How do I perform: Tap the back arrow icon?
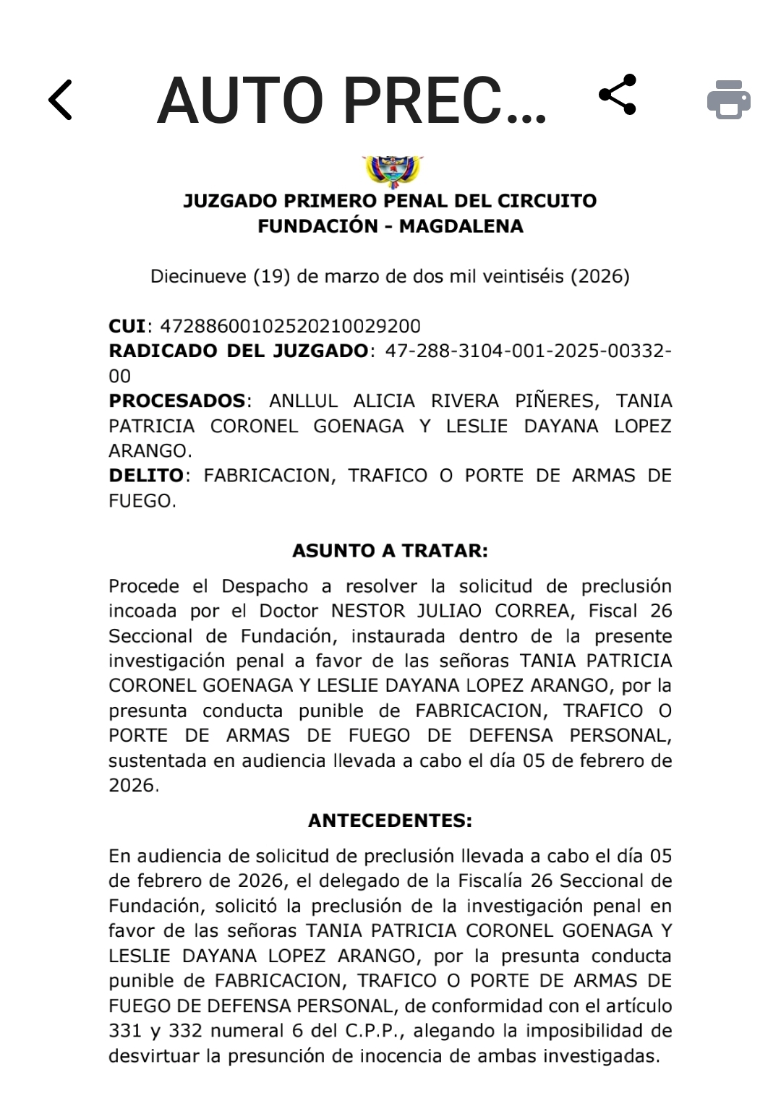coord(61,100)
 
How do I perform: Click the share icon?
coord(618,95)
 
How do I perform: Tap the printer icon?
coord(728,99)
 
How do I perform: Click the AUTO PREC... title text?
coord(351,100)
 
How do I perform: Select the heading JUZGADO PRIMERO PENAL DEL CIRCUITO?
coord(390,201)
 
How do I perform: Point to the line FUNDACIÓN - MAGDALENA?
coord(390,226)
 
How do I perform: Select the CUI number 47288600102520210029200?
coord(290,326)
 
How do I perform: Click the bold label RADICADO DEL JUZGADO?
coord(238,351)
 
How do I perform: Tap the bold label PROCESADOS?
coord(176,401)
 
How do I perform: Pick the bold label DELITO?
coord(146,476)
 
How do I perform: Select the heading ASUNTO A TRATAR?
coord(390,551)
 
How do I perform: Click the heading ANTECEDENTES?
coord(390,820)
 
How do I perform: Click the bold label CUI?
coord(127,326)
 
